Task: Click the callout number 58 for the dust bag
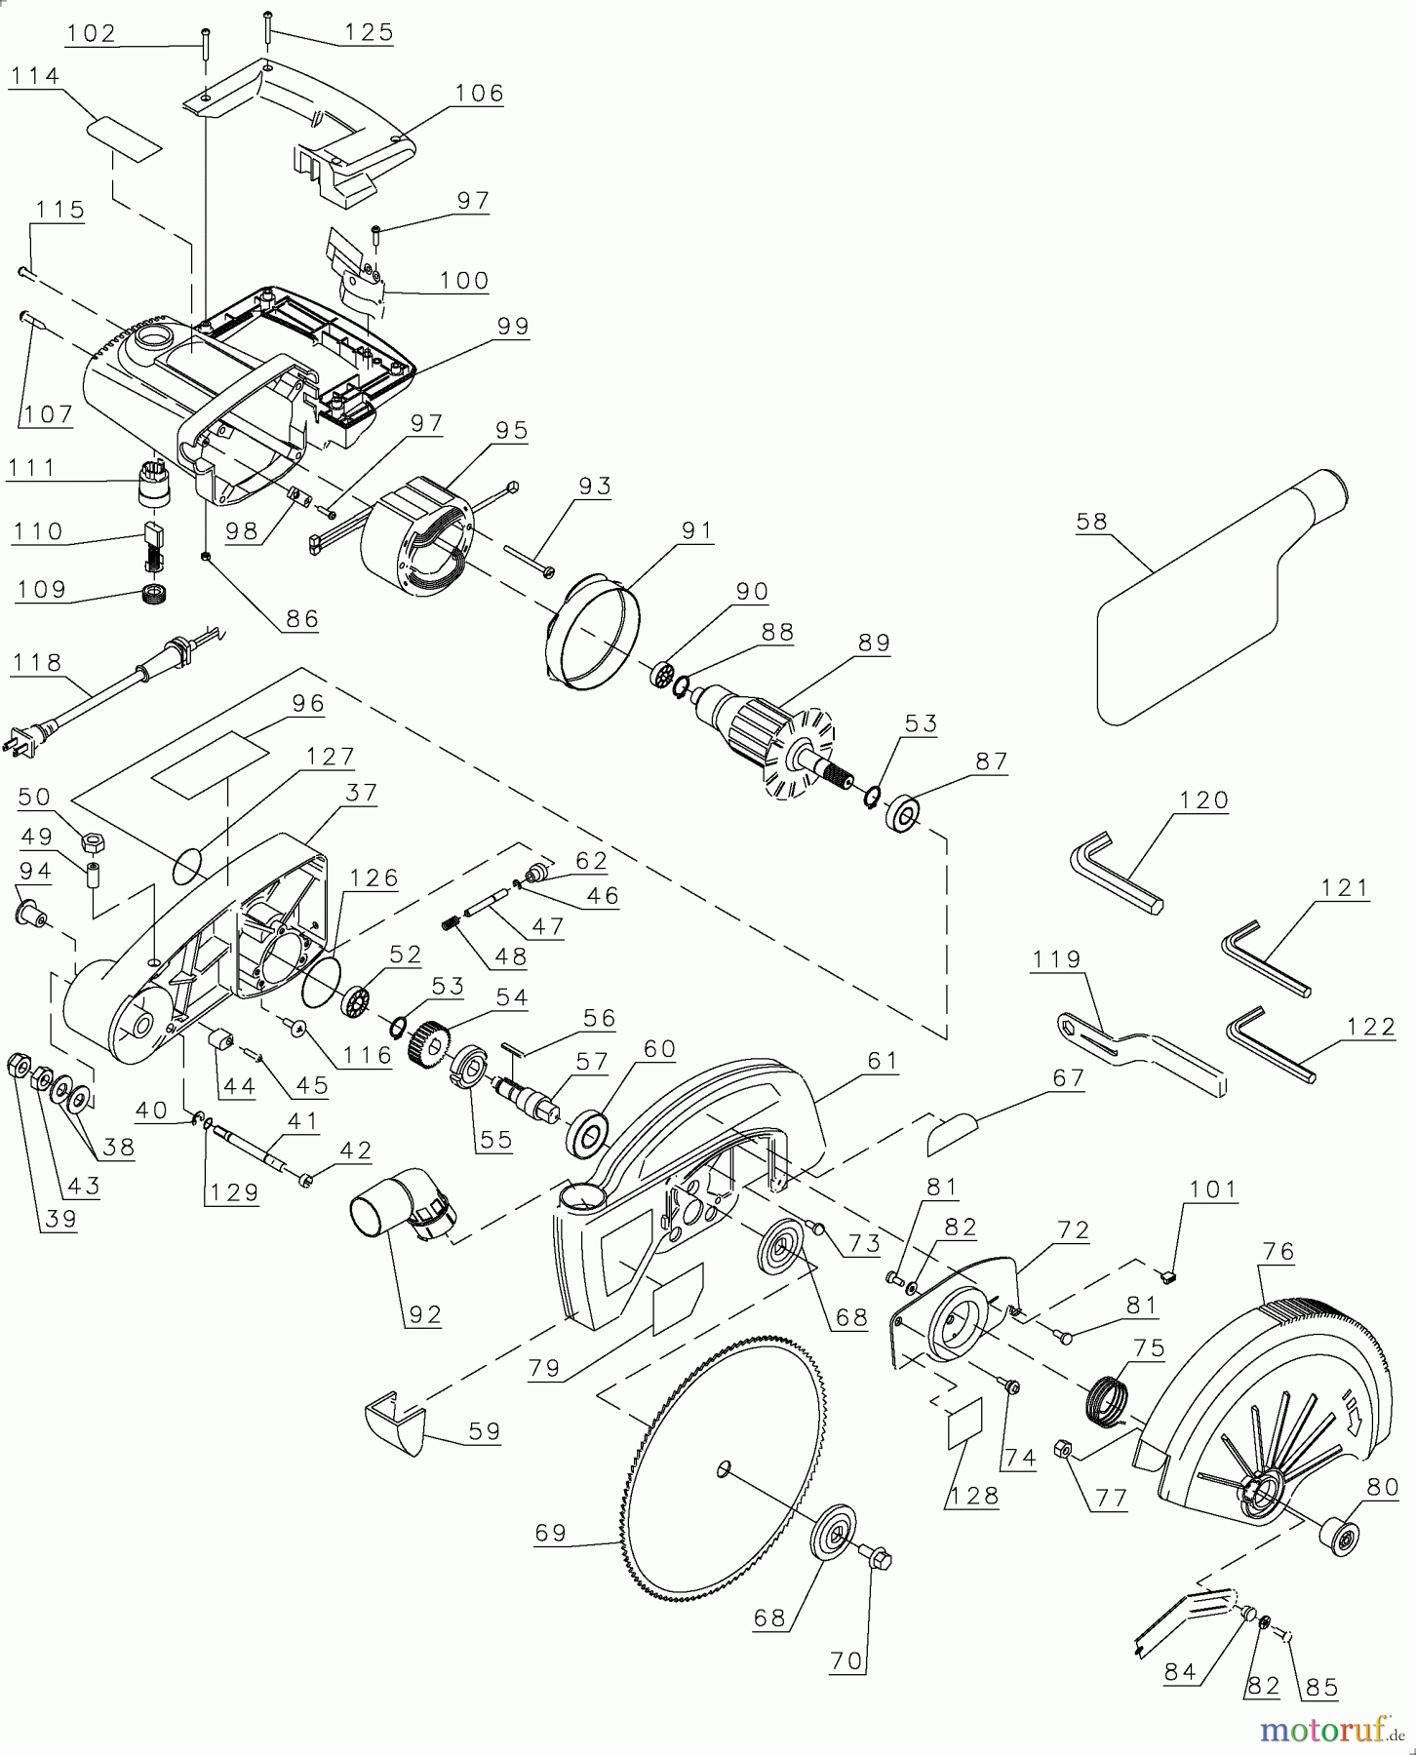pos(1091,522)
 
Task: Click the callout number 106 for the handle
pos(480,93)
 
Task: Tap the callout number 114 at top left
pos(34,76)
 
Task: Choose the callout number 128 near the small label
pos(971,1496)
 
